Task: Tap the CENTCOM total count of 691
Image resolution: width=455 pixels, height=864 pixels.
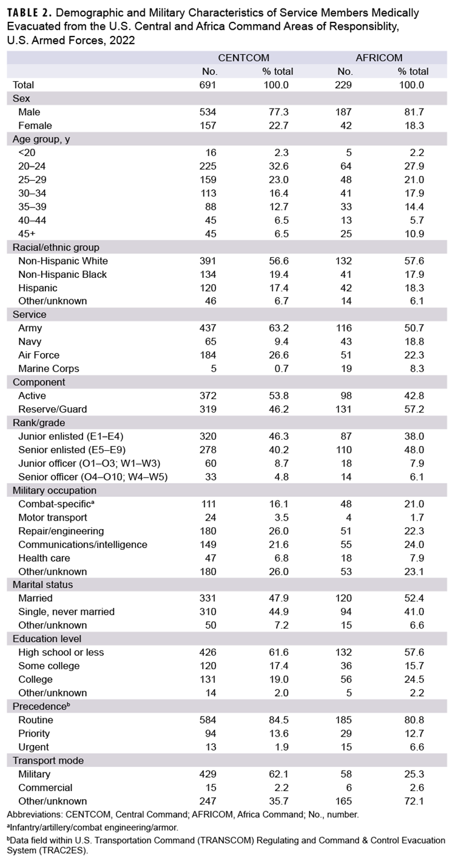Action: point(207,85)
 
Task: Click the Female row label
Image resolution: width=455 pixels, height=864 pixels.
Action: point(35,126)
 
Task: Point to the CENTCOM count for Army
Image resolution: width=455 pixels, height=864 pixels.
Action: point(207,328)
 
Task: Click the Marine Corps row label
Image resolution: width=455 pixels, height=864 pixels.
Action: point(49,368)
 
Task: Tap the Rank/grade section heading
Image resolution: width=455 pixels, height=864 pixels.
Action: point(39,423)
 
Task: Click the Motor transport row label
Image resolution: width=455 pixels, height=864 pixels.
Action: point(53,518)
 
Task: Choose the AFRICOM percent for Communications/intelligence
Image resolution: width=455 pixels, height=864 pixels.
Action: point(413,544)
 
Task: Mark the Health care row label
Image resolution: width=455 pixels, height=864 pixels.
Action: point(44,558)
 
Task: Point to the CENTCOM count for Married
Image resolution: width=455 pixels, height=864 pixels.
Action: point(207,598)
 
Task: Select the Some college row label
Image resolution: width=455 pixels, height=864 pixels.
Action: point(49,666)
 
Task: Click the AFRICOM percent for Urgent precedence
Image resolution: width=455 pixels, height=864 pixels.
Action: point(413,747)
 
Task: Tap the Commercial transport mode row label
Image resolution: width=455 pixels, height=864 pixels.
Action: point(45,788)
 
